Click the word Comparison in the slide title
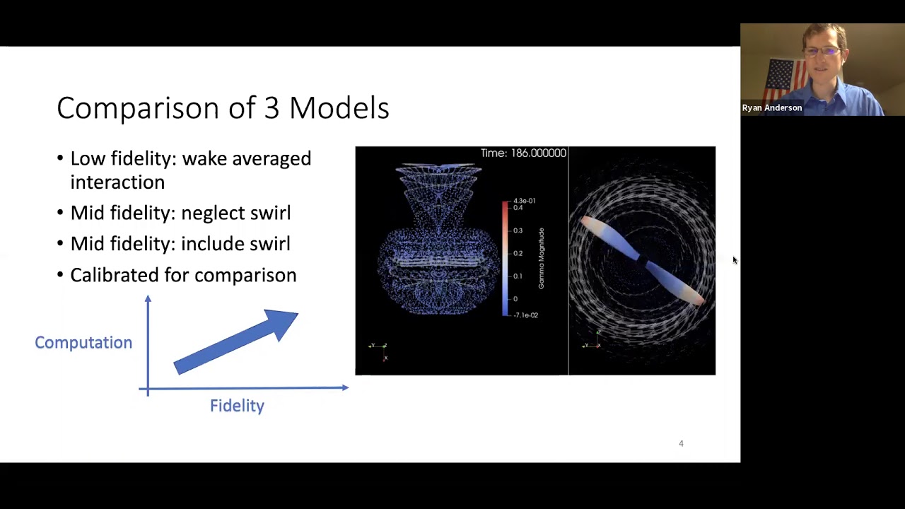click(x=138, y=108)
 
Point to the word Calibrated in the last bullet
click(x=114, y=275)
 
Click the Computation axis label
click(x=83, y=342)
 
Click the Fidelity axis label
click(x=237, y=406)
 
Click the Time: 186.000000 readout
click(x=523, y=153)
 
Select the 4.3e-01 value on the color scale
click(x=524, y=201)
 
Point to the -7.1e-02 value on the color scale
click(x=525, y=315)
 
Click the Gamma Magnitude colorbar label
click(x=542, y=258)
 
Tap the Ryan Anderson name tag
click(x=772, y=108)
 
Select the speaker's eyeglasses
click(x=824, y=52)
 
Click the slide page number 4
click(x=681, y=443)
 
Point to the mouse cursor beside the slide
click(x=735, y=261)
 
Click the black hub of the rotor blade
click(x=642, y=260)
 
